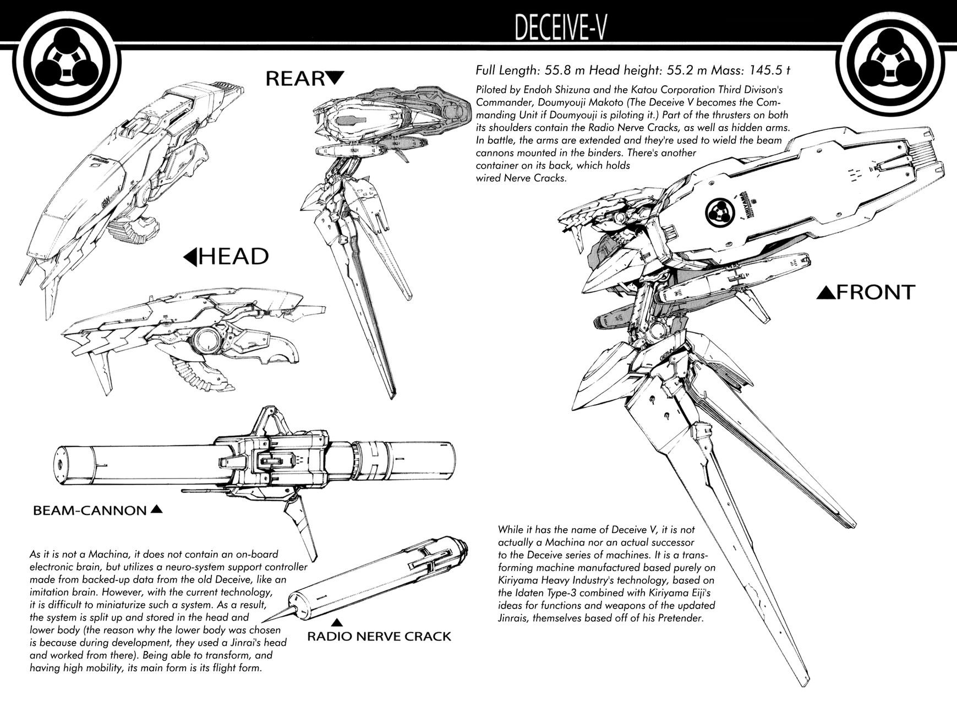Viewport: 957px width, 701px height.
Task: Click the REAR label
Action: [295, 79]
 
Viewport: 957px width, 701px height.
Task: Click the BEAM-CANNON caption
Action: [90, 510]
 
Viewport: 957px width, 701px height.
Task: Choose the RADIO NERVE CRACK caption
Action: [379, 637]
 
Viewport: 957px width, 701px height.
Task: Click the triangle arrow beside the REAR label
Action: [335, 78]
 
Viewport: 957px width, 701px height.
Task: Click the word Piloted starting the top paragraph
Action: [493, 89]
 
